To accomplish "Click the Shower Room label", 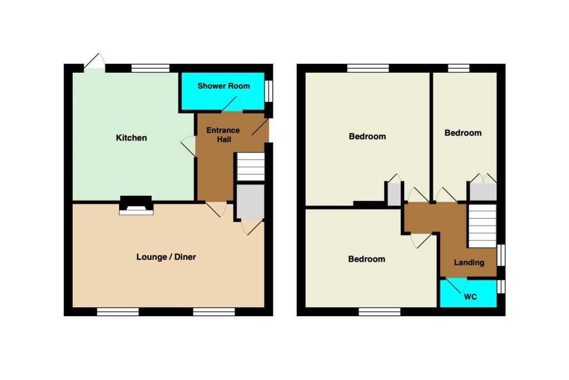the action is [x=223, y=86].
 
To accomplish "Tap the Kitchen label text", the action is [x=131, y=138].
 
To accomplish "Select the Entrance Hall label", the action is [x=223, y=134].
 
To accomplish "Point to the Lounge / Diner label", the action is [x=166, y=257].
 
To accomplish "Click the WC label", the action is [x=470, y=297].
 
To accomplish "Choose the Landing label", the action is [x=469, y=262].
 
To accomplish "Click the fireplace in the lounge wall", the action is [x=136, y=206].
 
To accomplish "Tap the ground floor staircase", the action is [x=251, y=167].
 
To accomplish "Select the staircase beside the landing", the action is [x=482, y=226].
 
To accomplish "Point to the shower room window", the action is [x=268, y=91].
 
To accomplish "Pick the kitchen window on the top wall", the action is [x=150, y=68].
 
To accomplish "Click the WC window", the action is [x=501, y=286].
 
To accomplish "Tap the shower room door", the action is [x=232, y=104].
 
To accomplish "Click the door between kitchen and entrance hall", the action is [x=188, y=146].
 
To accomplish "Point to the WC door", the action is [x=456, y=285].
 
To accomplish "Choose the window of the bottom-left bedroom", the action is [x=380, y=312].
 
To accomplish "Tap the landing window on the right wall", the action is [x=501, y=255].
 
